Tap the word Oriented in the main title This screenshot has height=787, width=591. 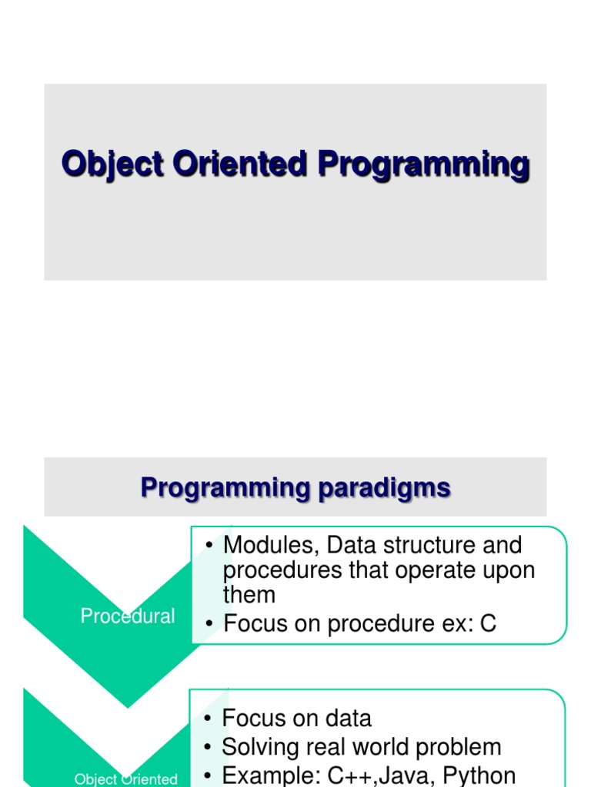(x=240, y=163)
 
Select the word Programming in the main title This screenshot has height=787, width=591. (x=424, y=164)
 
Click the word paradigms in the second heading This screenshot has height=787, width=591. (x=385, y=488)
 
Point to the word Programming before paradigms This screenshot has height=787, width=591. (x=225, y=488)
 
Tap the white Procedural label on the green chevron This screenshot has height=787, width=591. (x=128, y=616)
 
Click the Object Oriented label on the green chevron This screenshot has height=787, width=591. (x=125, y=779)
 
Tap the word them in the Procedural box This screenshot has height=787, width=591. (x=249, y=595)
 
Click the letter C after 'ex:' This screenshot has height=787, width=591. (x=489, y=623)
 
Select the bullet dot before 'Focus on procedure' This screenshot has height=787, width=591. (x=209, y=624)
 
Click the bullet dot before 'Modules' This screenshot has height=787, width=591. (x=209, y=546)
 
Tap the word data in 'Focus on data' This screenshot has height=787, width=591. (x=349, y=719)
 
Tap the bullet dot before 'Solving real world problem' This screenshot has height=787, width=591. (x=208, y=747)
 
